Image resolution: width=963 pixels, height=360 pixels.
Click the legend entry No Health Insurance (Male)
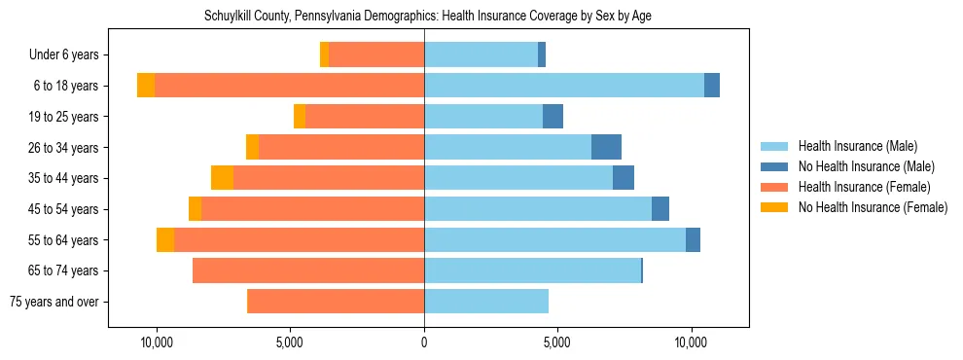(x=866, y=166)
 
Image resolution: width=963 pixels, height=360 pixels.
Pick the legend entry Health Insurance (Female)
(x=864, y=187)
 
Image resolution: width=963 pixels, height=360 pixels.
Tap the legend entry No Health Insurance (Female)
(x=873, y=207)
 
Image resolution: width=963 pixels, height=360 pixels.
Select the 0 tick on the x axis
(x=424, y=343)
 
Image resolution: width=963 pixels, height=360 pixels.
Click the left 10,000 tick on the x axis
(x=157, y=343)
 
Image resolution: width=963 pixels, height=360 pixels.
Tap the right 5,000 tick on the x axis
(x=557, y=343)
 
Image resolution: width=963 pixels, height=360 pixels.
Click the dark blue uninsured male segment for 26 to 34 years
(x=606, y=147)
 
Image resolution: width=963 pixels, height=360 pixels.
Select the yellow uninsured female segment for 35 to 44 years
(x=222, y=178)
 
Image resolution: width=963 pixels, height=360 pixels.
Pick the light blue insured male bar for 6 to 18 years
(x=564, y=86)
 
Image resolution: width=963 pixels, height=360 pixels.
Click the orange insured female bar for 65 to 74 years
(x=308, y=270)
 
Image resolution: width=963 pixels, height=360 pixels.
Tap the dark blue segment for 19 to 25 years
(x=553, y=117)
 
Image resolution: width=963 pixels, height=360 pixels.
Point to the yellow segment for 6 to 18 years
(x=146, y=86)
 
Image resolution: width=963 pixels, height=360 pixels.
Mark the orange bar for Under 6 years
(x=376, y=55)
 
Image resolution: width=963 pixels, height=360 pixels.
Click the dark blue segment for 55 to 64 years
(x=693, y=239)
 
